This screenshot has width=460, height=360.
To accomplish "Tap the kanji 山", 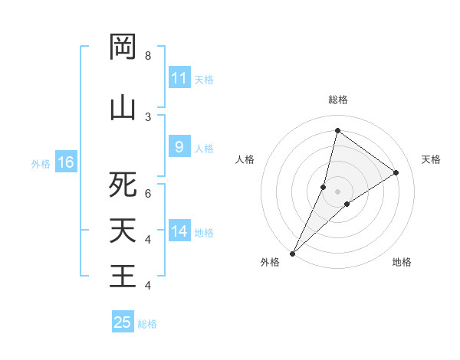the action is click(x=123, y=106).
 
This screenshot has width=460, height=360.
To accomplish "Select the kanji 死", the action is click(x=123, y=185).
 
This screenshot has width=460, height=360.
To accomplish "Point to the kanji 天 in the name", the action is click(x=123, y=231).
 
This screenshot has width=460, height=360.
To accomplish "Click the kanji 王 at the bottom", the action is click(x=123, y=275).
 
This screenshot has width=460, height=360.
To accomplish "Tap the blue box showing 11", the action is click(x=179, y=78).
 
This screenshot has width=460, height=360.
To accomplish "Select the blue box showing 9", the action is click(x=179, y=148).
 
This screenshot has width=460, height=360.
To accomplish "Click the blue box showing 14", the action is click(x=179, y=231).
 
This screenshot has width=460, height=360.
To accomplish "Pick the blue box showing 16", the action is click(x=66, y=162).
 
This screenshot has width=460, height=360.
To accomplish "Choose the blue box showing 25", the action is click(x=123, y=322).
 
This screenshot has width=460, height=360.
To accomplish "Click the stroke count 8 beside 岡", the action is click(x=147, y=56).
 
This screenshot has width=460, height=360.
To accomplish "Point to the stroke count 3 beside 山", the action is click(x=147, y=116).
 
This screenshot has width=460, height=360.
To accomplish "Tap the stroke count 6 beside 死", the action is click(x=147, y=194).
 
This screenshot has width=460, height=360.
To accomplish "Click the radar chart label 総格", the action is click(x=337, y=100).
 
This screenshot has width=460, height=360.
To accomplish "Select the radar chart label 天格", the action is click(x=431, y=159).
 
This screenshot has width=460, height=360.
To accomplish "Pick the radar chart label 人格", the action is click(x=245, y=159).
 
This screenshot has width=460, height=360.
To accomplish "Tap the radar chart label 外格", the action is click(x=270, y=262).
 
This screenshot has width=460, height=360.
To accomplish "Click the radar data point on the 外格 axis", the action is click(x=292, y=253).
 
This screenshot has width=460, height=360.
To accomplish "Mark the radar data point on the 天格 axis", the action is click(x=396, y=172).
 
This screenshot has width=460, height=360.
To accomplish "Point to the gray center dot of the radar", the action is click(x=337, y=191).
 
